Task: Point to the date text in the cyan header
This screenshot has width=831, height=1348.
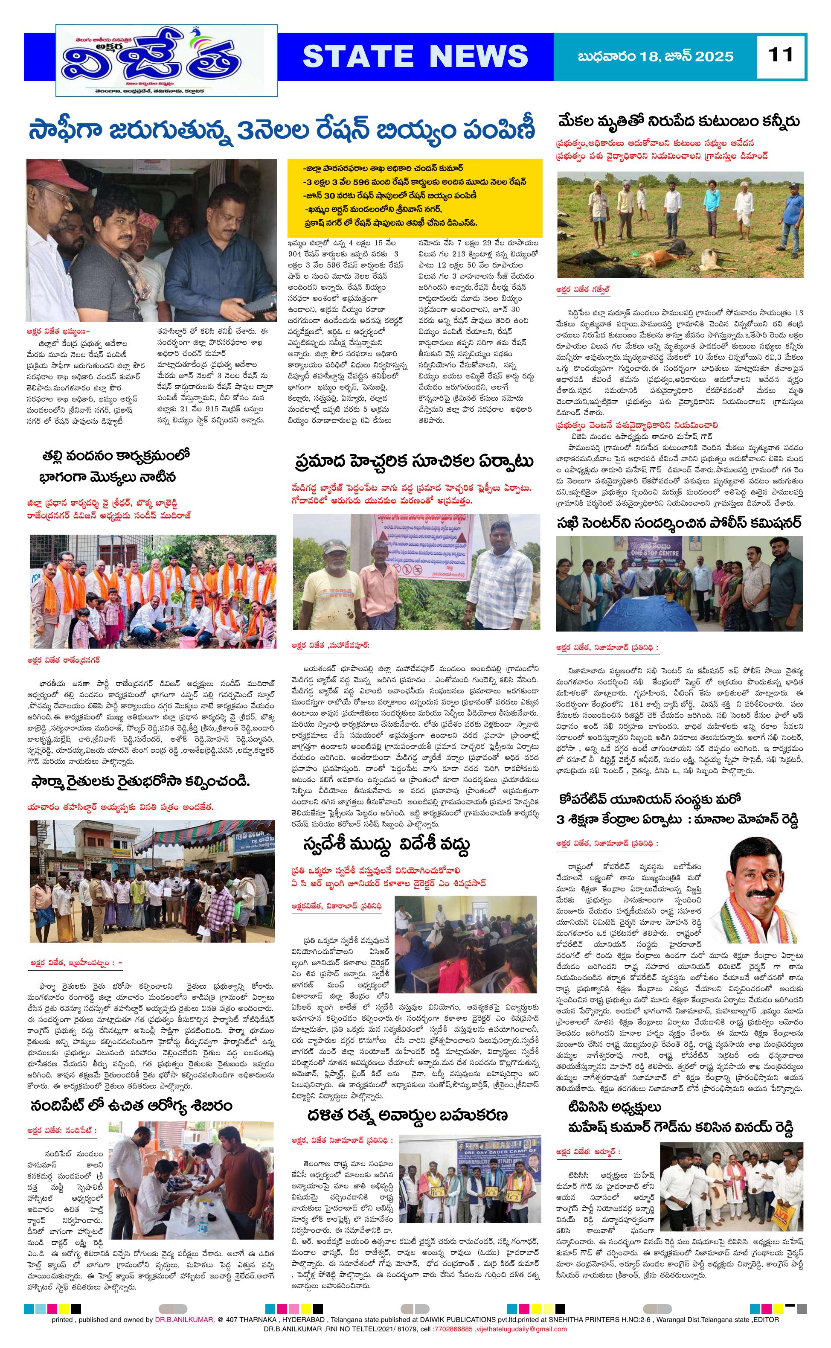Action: point(656,57)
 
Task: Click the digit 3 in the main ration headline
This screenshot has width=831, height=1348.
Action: point(238,131)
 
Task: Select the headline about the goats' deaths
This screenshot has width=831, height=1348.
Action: point(678,122)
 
